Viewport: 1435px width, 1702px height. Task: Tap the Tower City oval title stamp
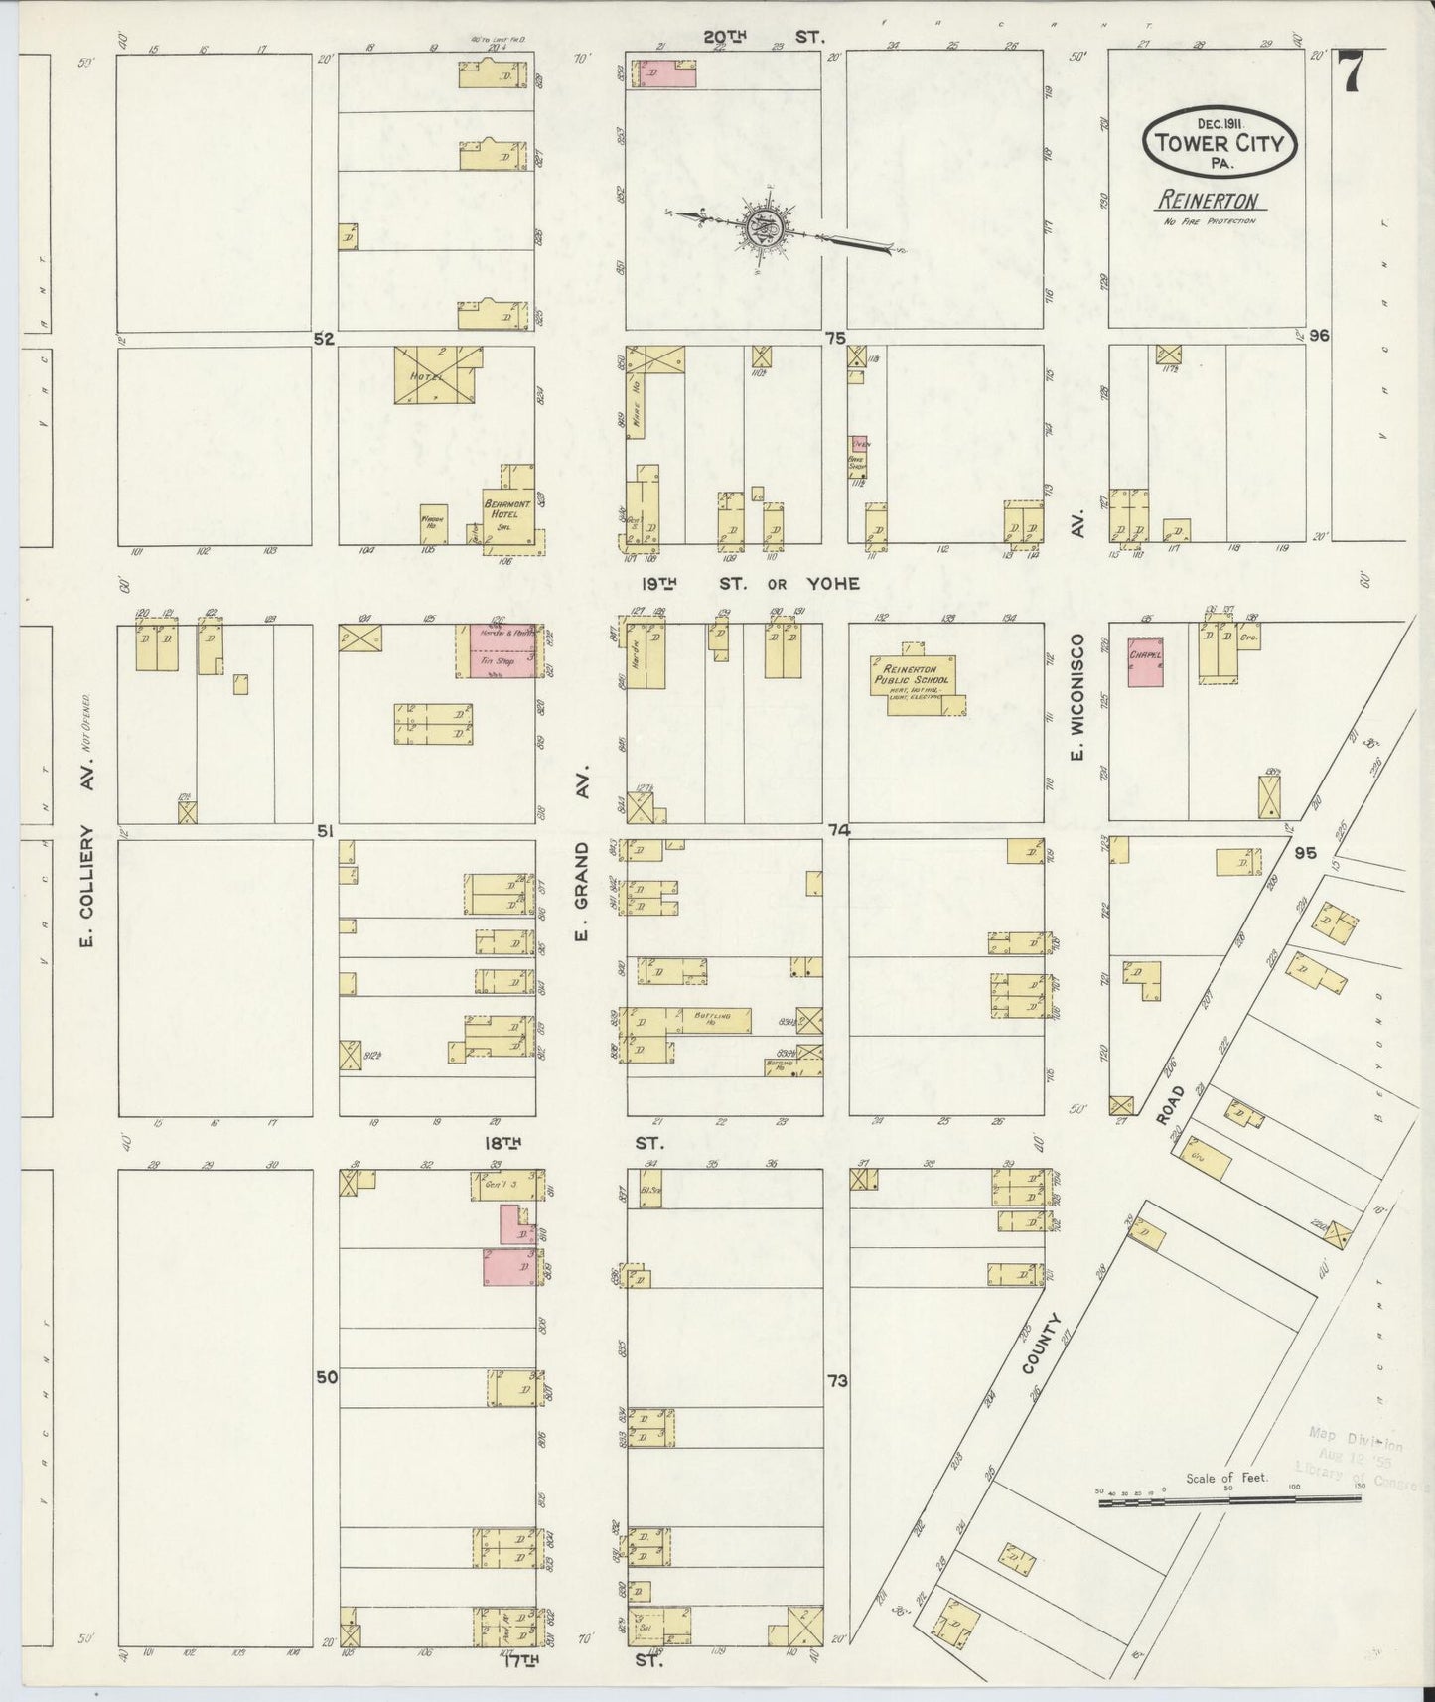coord(1220,143)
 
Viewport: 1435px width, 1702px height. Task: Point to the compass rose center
coord(771,228)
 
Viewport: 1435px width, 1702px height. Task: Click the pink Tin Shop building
coord(497,651)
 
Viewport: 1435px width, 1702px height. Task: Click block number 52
coord(324,339)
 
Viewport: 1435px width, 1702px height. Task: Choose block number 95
coord(1304,852)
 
